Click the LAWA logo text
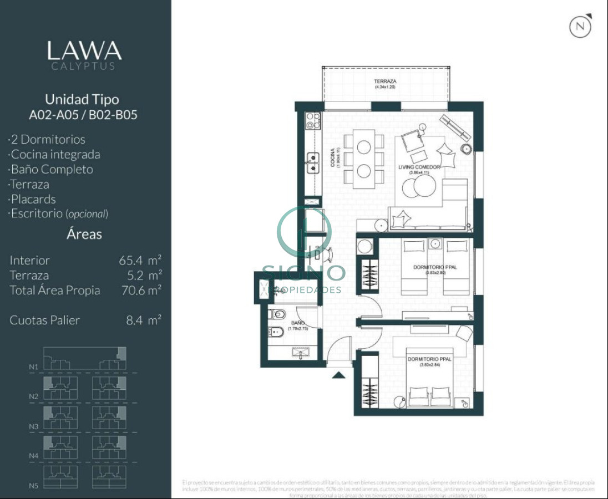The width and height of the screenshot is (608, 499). point(84,51)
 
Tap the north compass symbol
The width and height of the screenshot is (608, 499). point(580,26)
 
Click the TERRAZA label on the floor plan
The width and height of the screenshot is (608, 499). point(385,82)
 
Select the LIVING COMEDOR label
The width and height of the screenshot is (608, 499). point(419,167)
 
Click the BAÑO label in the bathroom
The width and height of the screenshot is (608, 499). point(297,322)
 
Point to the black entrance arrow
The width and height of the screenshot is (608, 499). point(338,375)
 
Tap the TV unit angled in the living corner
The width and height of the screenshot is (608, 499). point(456,128)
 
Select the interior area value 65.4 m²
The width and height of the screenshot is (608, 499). point(140,260)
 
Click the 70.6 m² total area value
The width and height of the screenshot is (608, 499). point(140,290)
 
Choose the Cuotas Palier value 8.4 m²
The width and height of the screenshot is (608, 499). point(143,320)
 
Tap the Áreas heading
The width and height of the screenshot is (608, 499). point(84,234)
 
